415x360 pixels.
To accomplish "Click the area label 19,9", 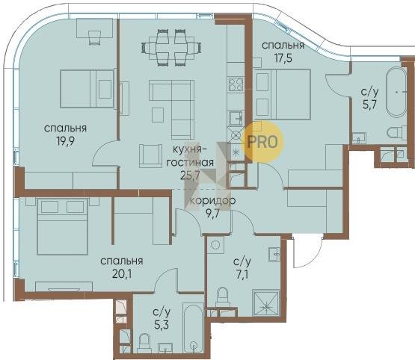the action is tap(65, 141).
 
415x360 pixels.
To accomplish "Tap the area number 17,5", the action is tap(283, 58).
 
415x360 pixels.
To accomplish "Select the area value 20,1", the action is tap(122, 274).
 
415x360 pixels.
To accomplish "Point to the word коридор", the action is tap(213, 201).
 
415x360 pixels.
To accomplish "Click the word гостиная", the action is tap(190, 162).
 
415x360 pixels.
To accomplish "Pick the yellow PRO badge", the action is tap(263, 142).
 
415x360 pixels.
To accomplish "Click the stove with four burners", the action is tap(236, 84).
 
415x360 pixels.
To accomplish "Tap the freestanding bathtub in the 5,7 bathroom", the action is tap(396, 92).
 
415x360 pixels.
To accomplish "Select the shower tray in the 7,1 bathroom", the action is tap(266, 303).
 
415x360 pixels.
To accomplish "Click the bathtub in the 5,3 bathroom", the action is tap(193, 328).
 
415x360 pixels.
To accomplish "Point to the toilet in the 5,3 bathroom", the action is tap(144, 343).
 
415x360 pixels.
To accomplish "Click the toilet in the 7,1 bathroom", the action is tap(222, 297).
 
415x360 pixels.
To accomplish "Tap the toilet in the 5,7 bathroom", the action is tap(397, 131).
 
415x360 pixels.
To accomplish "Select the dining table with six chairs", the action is tap(171, 48).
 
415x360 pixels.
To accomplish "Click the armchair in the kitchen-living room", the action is tap(150, 155).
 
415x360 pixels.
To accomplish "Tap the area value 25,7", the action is tap(190, 176).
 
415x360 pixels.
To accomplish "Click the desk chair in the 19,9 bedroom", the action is tap(94, 37).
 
